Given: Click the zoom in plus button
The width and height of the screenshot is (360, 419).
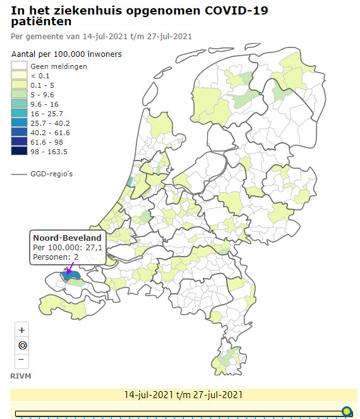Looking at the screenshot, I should coord(22,330).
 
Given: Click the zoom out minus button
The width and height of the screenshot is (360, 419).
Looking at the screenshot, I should coord(22,360).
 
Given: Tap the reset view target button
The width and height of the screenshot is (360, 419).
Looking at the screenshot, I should coord(22,345).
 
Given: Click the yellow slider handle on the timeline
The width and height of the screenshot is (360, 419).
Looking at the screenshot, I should coord(346,412).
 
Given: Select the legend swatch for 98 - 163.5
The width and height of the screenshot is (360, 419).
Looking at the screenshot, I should coord(19,152).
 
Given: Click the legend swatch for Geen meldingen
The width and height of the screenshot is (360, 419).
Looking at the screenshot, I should coord(19,66).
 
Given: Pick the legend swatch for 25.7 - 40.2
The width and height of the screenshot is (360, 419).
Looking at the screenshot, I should coord(19,123).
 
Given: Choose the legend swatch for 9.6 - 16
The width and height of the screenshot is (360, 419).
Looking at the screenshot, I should coord(19,104).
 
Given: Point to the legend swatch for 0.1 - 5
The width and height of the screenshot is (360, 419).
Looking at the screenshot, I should coord(19,85).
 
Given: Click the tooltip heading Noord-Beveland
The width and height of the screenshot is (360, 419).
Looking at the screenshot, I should coord(67,238).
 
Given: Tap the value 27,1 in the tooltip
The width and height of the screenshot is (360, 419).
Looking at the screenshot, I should coord(92,248).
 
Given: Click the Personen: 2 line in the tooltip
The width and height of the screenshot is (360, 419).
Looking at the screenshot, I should coord(56,257).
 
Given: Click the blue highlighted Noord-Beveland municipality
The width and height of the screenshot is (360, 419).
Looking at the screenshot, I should coord(73,276).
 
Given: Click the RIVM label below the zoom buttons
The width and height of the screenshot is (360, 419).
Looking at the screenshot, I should coord(21,376).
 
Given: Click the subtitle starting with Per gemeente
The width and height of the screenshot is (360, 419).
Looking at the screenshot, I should coord(102,37).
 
